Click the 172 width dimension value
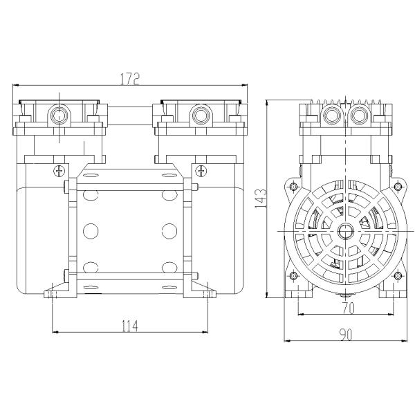(130, 78)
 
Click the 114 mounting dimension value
(130, 326)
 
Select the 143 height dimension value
(261, 199)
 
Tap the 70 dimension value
(349, 308)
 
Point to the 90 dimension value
(347, 335)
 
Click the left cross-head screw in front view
(59, 171)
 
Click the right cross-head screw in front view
(201, 171)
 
